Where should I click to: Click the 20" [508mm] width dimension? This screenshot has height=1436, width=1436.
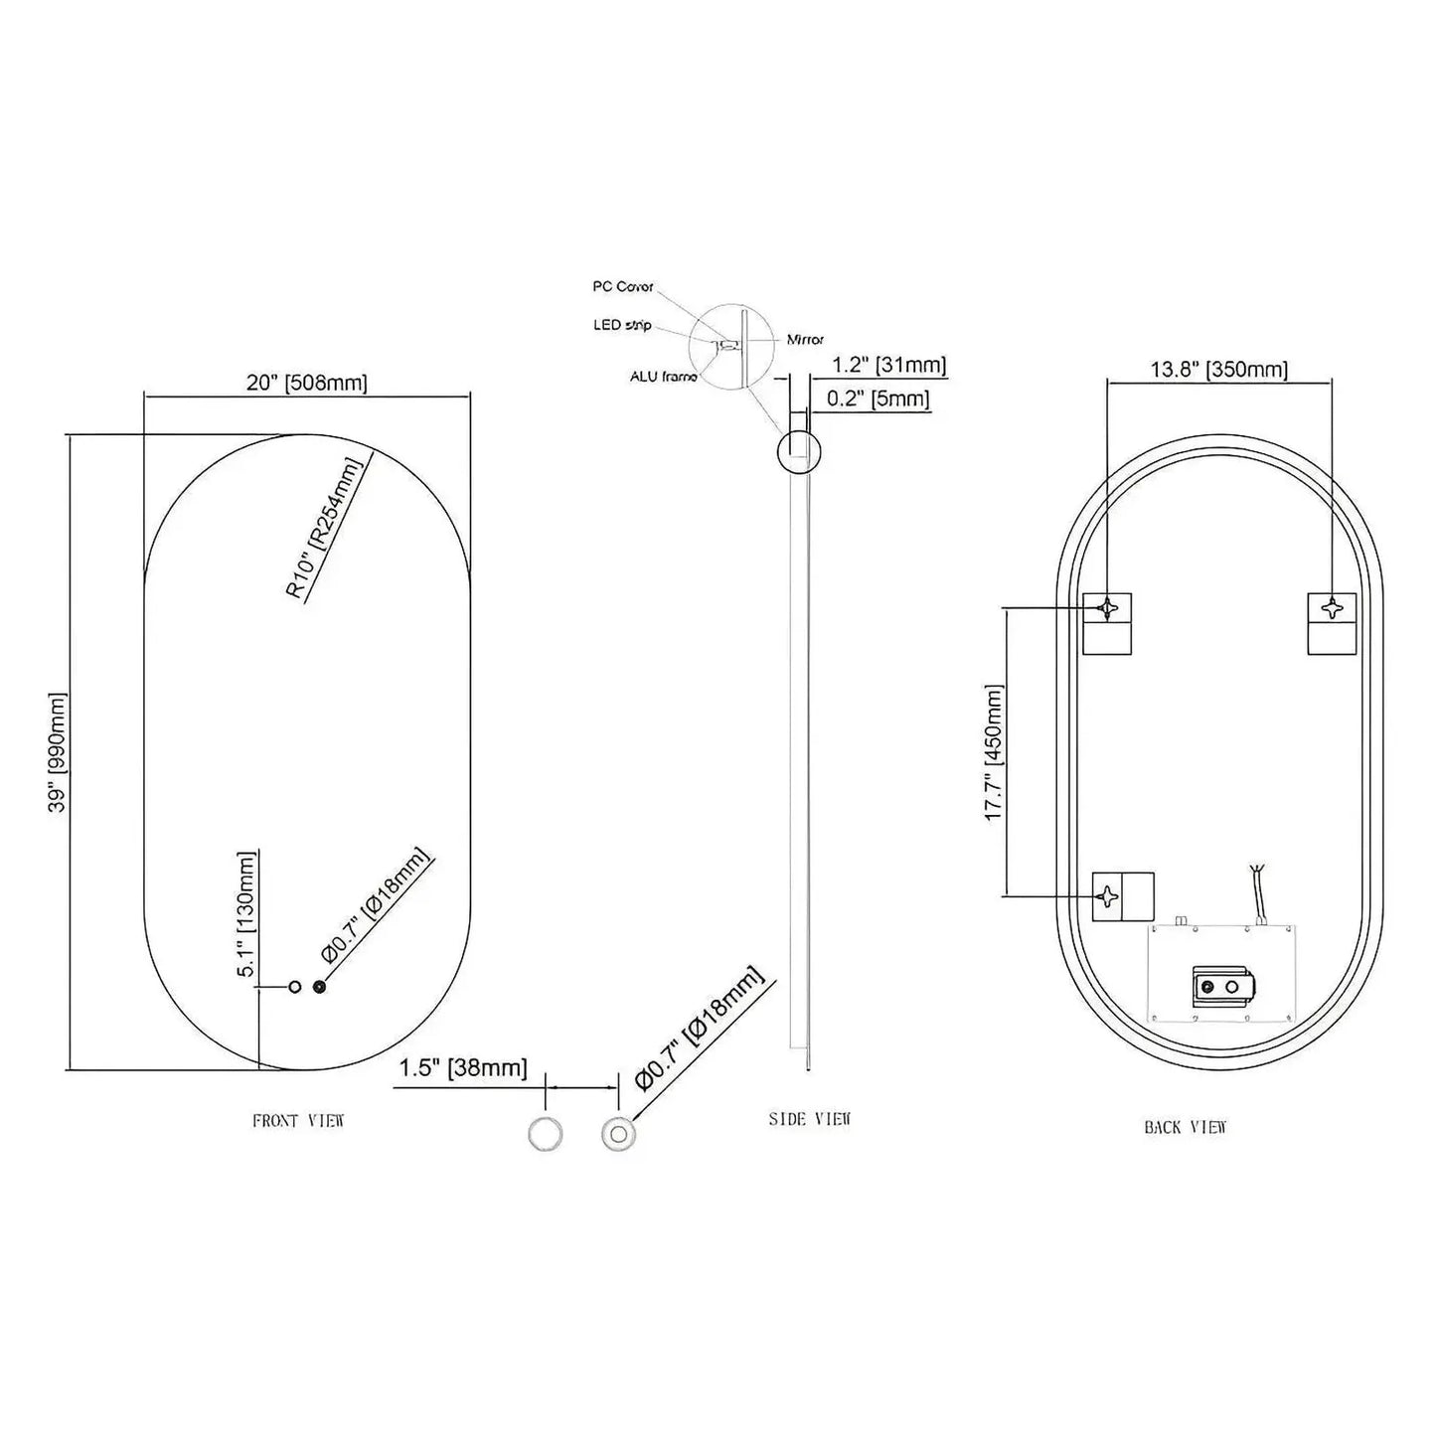[x=306, y=383]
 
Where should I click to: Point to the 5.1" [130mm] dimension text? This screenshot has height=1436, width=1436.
[x=246, y=914]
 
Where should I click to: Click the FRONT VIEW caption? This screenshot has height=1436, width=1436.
[x=298, y=1121]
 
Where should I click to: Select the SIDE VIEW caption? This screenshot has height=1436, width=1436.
[x=810, y=1119]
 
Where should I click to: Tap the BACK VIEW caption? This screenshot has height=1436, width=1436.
[x=1186, y=1127]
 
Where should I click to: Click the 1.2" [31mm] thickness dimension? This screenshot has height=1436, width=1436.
[x=888, y=365]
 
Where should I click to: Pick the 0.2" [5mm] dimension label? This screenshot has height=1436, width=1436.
[x=878, y=399]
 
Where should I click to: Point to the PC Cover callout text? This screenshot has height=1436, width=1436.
[x=623, y=286]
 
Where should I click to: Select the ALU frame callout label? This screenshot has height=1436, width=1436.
[x=663, y=377]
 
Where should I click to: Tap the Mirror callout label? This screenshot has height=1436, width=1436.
[x=805, y=340]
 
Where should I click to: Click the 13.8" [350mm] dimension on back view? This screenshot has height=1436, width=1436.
[x=1219, y=370]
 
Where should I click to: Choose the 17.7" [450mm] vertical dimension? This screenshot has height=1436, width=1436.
[x=994, y=751]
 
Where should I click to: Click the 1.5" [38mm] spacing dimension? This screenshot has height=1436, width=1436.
[x=463, y=1067]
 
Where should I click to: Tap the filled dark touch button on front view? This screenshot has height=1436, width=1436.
[x=319, y=987]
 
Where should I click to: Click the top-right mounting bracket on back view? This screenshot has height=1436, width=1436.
[x=1332, y=623]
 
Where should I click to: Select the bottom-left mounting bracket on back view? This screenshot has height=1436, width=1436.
[x=1122, y=894]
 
